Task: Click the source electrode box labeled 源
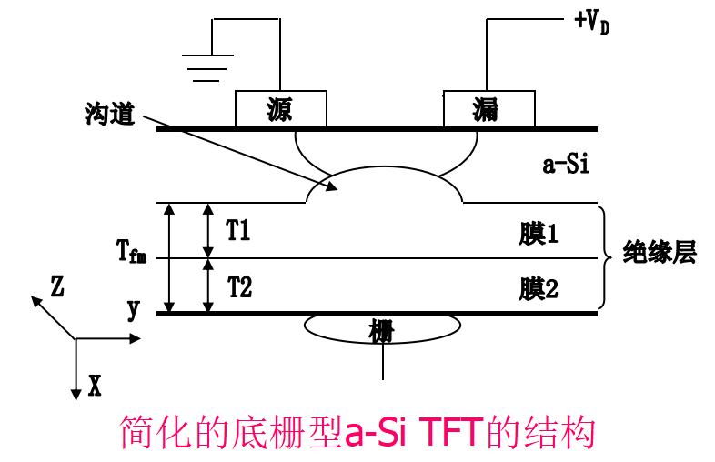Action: point(280,109)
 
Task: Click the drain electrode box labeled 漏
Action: point(488,109)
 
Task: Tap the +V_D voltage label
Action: point(592,21)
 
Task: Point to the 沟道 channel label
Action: point(108,115)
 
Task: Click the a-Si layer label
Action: point(567,165)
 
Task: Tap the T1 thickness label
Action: point(238,231)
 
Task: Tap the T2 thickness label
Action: point(239,286)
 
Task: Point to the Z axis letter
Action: point(57,287)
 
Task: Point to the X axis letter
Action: point(95,387)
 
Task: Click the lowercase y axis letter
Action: point(134,310)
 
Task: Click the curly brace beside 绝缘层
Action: point(604,257)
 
